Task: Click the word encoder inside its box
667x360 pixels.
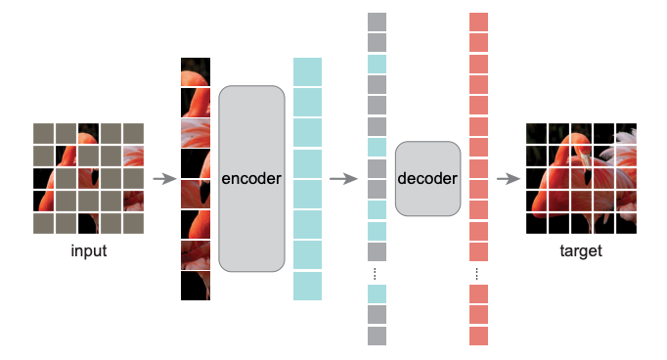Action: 251,179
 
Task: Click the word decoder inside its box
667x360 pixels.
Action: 427,179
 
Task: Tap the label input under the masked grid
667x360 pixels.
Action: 89,251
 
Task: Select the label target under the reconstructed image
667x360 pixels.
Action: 581,251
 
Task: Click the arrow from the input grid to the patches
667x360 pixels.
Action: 164,179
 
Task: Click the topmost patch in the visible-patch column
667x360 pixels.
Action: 196,71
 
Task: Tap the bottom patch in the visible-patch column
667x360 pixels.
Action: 196,285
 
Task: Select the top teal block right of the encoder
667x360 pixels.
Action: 307,71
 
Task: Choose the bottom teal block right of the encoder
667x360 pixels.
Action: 307,286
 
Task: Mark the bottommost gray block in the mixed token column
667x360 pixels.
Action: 378,336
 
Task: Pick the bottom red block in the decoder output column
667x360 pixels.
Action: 478,336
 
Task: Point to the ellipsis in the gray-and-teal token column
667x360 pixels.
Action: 378,272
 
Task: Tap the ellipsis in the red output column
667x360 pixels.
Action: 478,272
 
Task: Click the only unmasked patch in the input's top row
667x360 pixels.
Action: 89,133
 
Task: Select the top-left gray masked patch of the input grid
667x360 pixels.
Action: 43,133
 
